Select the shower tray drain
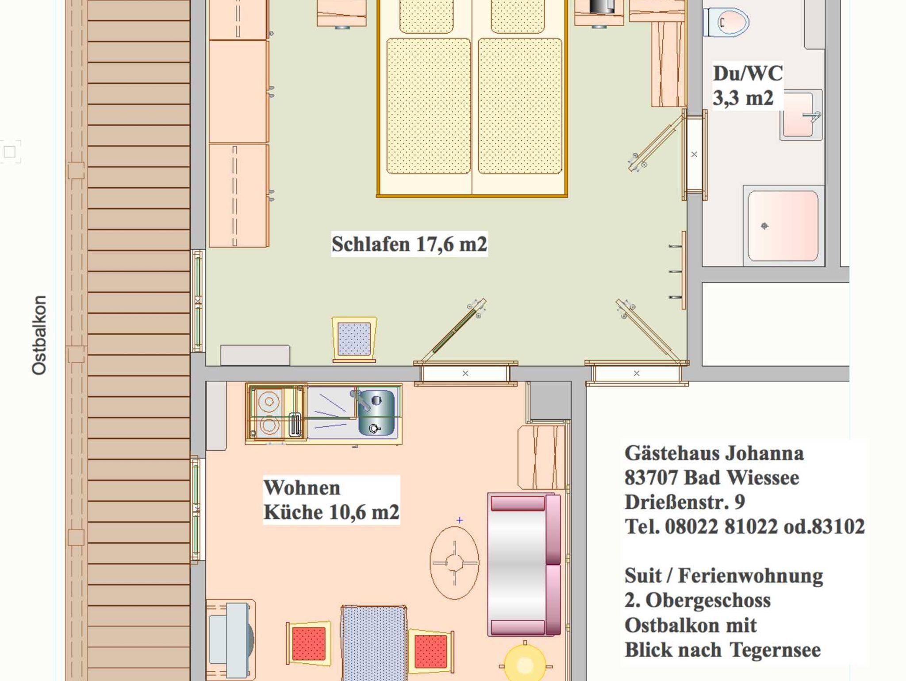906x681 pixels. tap(764, 226)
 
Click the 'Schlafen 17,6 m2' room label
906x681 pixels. tap(409, 244)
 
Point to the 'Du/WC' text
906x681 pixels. tap(748, 74)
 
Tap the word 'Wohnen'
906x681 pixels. tap(302, 488)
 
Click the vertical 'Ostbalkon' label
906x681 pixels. tap(39, 335)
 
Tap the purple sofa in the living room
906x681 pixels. tap(524, 565)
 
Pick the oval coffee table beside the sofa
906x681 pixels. tap(454, 562)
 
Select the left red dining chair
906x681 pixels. tap(309, 643)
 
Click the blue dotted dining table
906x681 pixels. tap(374, 643)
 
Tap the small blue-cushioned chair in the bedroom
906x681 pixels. tap(354, 339)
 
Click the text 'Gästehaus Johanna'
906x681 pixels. tap(714, 453)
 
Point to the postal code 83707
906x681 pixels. tap(651, 478)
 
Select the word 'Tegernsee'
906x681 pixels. tap(775, 650)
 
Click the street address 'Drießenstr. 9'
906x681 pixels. tap(685, 502)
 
